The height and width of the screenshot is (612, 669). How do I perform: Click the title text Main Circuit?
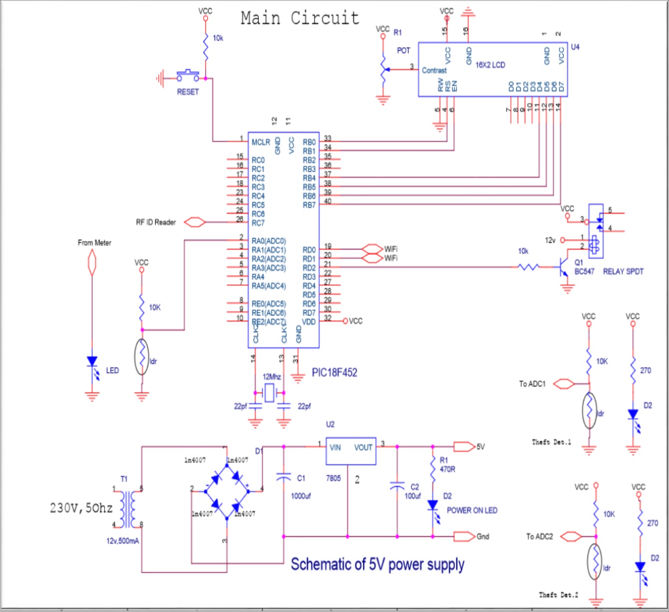coord(300,18)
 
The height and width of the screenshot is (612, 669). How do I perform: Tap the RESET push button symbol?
coord(188,76)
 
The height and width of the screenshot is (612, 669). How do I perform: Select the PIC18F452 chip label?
coord(334,373)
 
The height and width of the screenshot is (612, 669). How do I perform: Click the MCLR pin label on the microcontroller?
coord(260,142)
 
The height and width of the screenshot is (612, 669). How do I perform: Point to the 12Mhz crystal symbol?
coord(269,393)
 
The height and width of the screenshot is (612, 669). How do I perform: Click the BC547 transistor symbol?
coord(563,267)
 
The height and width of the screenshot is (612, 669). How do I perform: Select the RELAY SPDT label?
coord(623,272)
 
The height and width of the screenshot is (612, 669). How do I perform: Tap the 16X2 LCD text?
coord(490,65)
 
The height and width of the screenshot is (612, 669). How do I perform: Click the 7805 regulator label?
coord(333,478)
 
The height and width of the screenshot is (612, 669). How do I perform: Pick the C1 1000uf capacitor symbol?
coord(283,478)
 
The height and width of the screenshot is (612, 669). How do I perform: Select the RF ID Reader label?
coord(156,222)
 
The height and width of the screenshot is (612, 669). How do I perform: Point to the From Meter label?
coord(95,243)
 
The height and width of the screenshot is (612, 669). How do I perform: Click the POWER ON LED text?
coord(471,510)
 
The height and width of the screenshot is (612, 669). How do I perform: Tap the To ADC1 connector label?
coord(532,384)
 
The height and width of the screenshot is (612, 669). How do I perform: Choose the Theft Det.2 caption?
coord(558,595)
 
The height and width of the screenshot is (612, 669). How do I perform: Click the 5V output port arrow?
coord(463,447)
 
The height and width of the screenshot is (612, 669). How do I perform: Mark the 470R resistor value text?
coord(447,469)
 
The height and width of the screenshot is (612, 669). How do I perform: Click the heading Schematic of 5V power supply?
coord(377,564)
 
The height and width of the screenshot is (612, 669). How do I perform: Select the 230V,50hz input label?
coord(81,508)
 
